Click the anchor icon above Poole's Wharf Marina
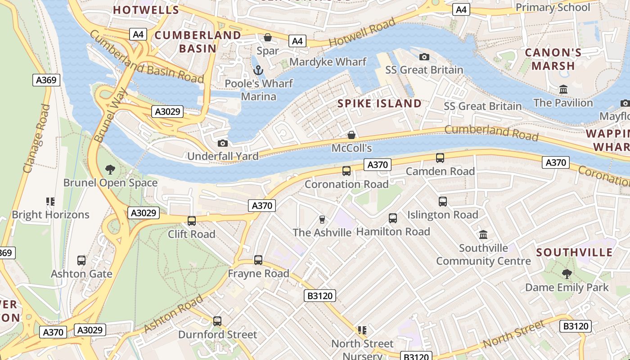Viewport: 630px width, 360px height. click(258, 70)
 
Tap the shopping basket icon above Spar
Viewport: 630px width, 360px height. click(268, 37)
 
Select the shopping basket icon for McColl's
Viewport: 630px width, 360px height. click(351, 135)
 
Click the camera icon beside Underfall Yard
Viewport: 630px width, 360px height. click(222, 144)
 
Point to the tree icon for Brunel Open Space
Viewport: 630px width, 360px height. click(110, 170)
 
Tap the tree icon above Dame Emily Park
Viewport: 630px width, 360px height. click(567, 274)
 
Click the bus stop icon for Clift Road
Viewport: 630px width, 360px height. click(192, 221)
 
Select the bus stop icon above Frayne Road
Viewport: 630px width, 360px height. click(258, 260)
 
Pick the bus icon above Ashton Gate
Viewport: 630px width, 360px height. click(81, 261)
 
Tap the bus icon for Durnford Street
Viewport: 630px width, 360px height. click(217, 321)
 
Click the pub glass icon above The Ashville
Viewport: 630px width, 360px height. click(322, 220)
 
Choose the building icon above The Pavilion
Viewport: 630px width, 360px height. click(563, 90)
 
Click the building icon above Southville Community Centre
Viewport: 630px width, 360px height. click(484, 234)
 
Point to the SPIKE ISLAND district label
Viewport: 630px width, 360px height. click(379, 103)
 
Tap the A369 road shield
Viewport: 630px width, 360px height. click(46, 81)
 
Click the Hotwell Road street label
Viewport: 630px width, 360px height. click(362, 32)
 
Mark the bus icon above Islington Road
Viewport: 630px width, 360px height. click(443, 202)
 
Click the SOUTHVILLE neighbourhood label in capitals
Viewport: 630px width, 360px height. click(574, 252)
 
